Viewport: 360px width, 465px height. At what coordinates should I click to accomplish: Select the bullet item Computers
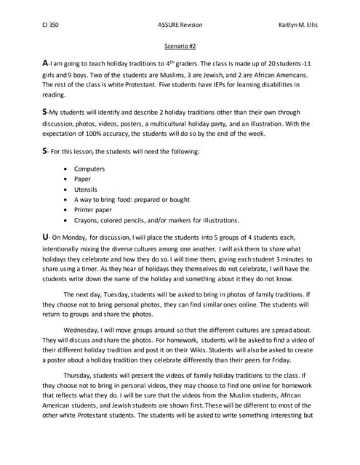click(x=89, y=169)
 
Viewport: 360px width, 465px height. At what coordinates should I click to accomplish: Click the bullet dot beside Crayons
click(x=67, y=219)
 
